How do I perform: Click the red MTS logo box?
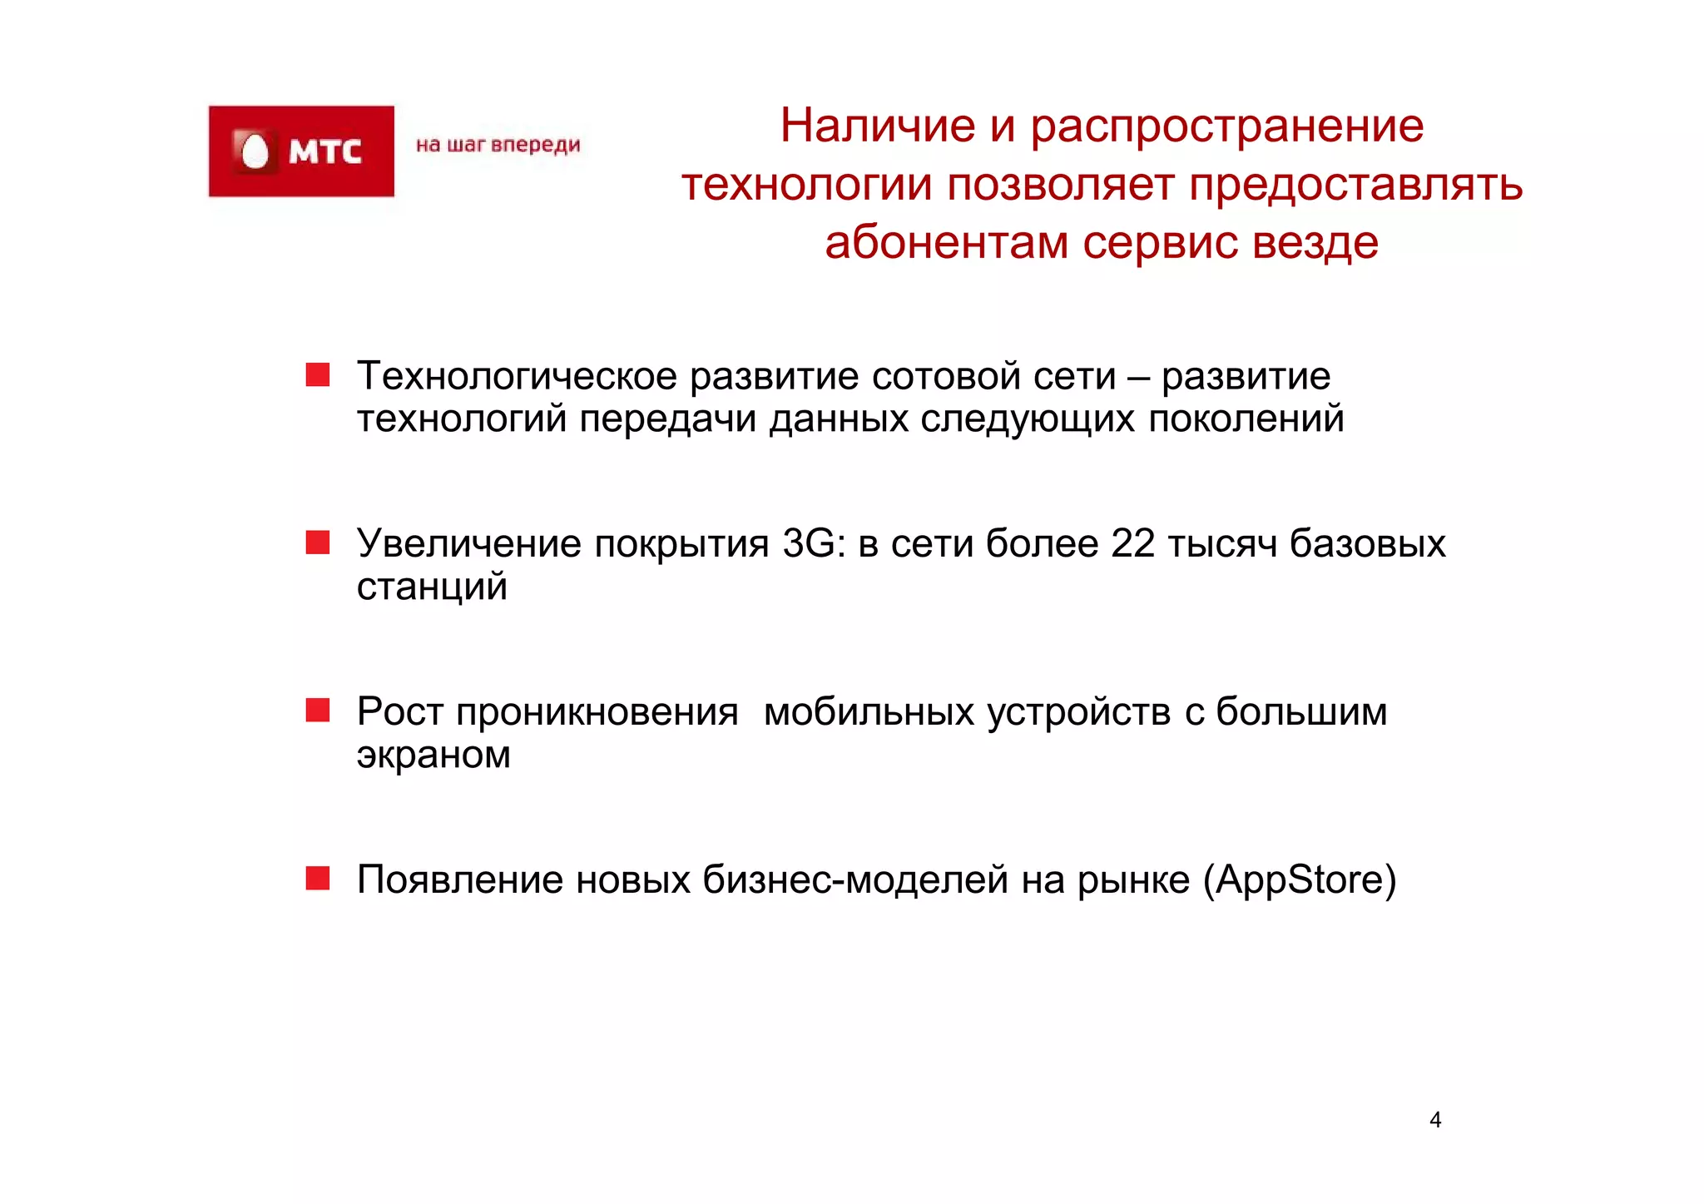pos(301,151)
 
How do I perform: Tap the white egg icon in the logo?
pos(255,152)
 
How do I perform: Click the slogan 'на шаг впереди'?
pos(498,145)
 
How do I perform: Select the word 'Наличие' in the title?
pos(877,126)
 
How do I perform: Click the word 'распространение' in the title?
pos(1227,126)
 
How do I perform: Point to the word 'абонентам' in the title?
pos(946,243)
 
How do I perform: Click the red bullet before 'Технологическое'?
pos(318,375)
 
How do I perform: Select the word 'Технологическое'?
pos(517,376)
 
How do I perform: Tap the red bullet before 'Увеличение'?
pos(318,543)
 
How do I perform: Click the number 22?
pos(1132,544)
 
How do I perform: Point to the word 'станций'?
pos(432,587)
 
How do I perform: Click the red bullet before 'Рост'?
pos(318,710)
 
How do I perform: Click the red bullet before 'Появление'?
pos(318,878)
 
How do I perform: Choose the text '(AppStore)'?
pos(1299,880)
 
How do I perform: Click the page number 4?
pos(1434,1120)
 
